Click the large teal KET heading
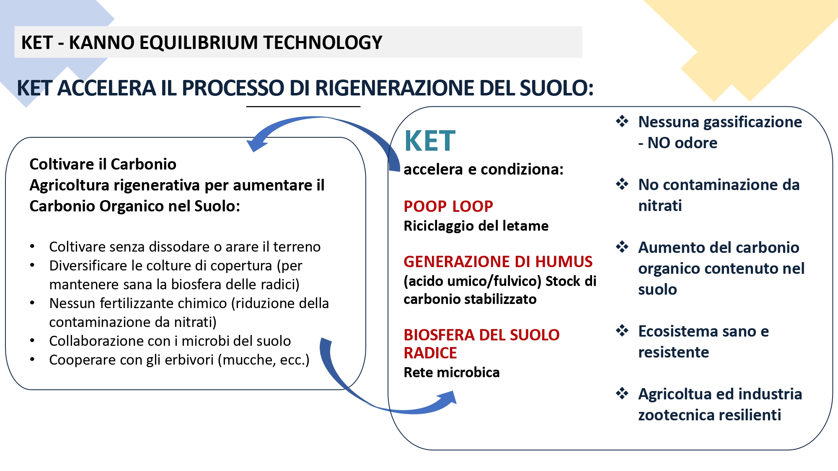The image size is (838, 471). click(x=430, y=141)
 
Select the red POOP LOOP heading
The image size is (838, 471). click(x=448, y=206)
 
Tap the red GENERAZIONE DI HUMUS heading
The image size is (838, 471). click(x=498, y=262)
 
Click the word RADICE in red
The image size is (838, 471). click(x=430, y=353)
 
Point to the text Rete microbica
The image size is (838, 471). click(x=452, y=372)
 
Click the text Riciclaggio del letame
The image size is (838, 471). click(x=476, y=226)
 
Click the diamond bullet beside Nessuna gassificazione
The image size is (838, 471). click(x=622, y=121)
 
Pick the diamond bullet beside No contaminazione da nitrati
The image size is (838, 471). click(x=622, y=184)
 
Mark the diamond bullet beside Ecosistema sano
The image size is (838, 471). click(x=622, y=331)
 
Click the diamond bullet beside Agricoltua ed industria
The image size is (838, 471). click(x=622, y=394)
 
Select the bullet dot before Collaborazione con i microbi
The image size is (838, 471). click(x=32, y=341)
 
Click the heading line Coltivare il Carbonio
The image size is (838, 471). click(x=103, y=164)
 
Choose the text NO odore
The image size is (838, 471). click(x=683, y=143)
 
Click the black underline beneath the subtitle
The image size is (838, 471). click(x=303, y=107)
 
